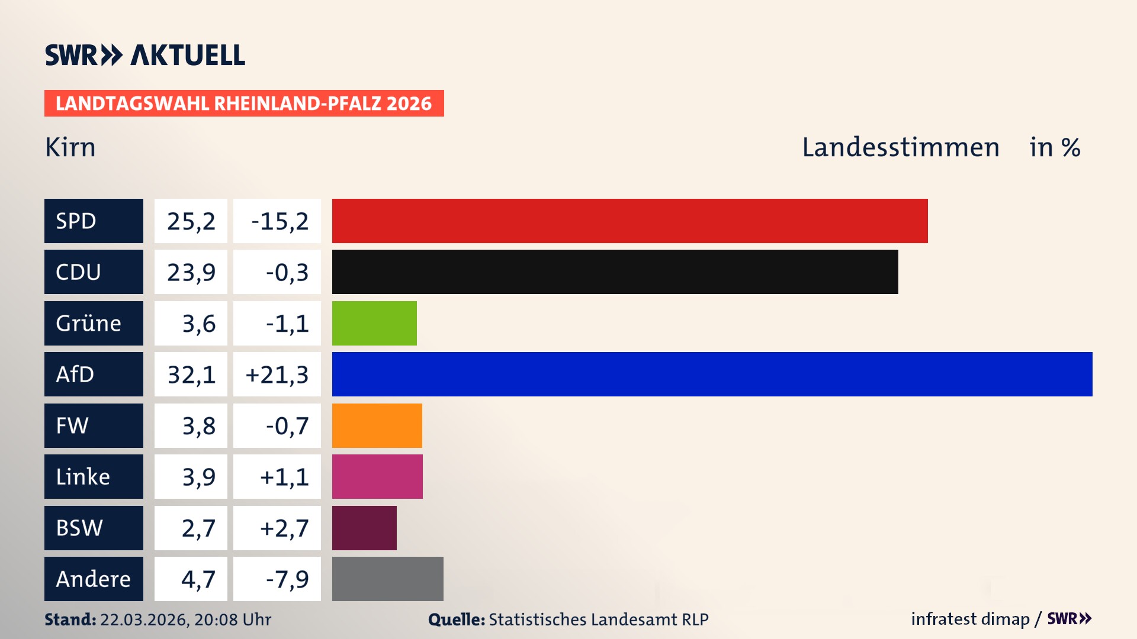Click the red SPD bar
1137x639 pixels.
tap(629, 221)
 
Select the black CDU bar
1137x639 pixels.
tap(615, 272)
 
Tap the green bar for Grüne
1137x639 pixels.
tap(374, 323)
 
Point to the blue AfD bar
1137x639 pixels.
tap(712, 374)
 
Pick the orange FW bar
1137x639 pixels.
tap(377, 425)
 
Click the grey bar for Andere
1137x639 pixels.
tap(387, 579)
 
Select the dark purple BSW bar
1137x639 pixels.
tap(364, 528)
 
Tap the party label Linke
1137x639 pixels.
tap(83, 477)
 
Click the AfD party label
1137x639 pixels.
tap(75, 375)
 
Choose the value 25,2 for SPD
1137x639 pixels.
tap(191, 221)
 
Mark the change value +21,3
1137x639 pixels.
tap(277, 375)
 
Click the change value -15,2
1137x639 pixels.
tap(280, 221)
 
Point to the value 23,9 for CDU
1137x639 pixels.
tap(191, 272)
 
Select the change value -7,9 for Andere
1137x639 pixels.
tap(287, 579)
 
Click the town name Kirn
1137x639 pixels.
tap(70, 147)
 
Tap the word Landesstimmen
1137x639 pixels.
tap(900, 147)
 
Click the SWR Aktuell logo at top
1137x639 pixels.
tap(144, 55)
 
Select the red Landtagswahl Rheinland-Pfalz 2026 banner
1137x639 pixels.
tap(244, 103)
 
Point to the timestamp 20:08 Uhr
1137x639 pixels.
tap(232, 619)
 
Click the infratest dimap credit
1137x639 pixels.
tap(969, 619)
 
